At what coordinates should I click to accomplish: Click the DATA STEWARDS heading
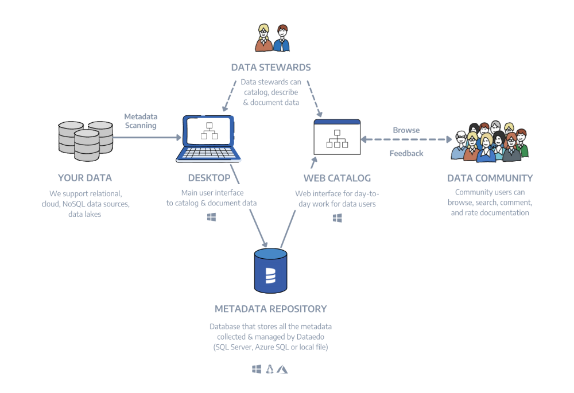pyautogui.click(x=271, y=67)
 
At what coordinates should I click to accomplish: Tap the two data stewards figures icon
pyautogui.click(x=272, y=38)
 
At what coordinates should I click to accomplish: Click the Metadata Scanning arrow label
pyautogui.click(x=140, y=121)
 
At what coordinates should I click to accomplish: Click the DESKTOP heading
pyautogui.click(x=209, y=178)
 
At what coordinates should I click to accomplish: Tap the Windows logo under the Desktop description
pyautogui.click(x=211, y=217)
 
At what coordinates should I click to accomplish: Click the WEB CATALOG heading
pyautogui.click(x=337, y=178)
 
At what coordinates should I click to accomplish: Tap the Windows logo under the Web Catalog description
pyautogui.click(x=338, y=218)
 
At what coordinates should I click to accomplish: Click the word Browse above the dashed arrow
pyautogui.click(x=406, y=130)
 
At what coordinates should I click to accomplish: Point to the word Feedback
pyautogui.click(x=406, y=153)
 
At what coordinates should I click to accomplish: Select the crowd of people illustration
pyautogui.click(x=489, y=142)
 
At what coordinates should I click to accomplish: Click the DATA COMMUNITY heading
pyautogui.click(x=490, y=178)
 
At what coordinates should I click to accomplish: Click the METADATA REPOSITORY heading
pyautogui.click(x=270, y=309)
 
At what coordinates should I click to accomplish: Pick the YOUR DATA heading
pyautogui.click(x=85, y=178)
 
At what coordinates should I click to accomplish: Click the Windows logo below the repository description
pyautogui.click(x=257, y=369)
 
